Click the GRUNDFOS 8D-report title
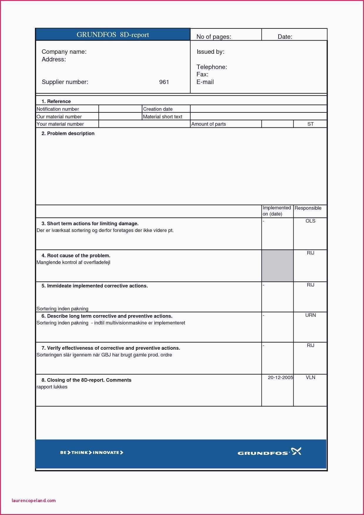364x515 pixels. pyautogui.click(x=113, y=35)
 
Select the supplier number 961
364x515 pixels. pyautogui.click(x=164, y=82)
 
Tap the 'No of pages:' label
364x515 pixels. pyautogui.click(x=214, y=37)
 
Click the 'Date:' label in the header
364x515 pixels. pyautogui.click(x=285, y=37)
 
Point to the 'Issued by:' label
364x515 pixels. pyautogui.click(x=210, y=52)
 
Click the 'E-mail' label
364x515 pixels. pyautogui.click(x=205, y=82)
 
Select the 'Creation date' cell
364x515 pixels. pyautogui.click(x=158, y=109)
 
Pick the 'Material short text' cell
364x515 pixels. pyautogui.click(x=162, y=117)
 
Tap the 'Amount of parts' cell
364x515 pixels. pyautogui.click(x=208, y=124)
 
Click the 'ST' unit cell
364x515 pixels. pyautogui.click(x=310, y=124)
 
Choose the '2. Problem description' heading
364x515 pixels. pyautogui.click(x=68, y=133)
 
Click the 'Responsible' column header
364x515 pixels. pyautogui.click(x=308, y=208)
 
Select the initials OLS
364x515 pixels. pyautogui.click(x=310, y=221)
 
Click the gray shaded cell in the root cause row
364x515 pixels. pyautogui.click(x=277, y=266)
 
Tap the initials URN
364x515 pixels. pyautogui.click(x=310, y=315)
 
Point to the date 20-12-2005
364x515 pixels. pyautogui.click(x=280, y=377)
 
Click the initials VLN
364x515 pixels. pyautogui.click(x=310, y=377)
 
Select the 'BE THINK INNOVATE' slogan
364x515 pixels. pyautogui.click(x=92, y=452)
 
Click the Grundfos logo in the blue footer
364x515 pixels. pyautogui.click(x=269, y=452)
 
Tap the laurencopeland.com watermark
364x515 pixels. pyautogui.click(x=34, y=500)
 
